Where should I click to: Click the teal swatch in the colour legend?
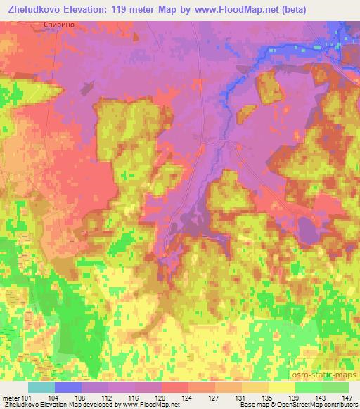[x=41, y=387]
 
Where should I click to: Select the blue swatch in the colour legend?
[x=67, y=387]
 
